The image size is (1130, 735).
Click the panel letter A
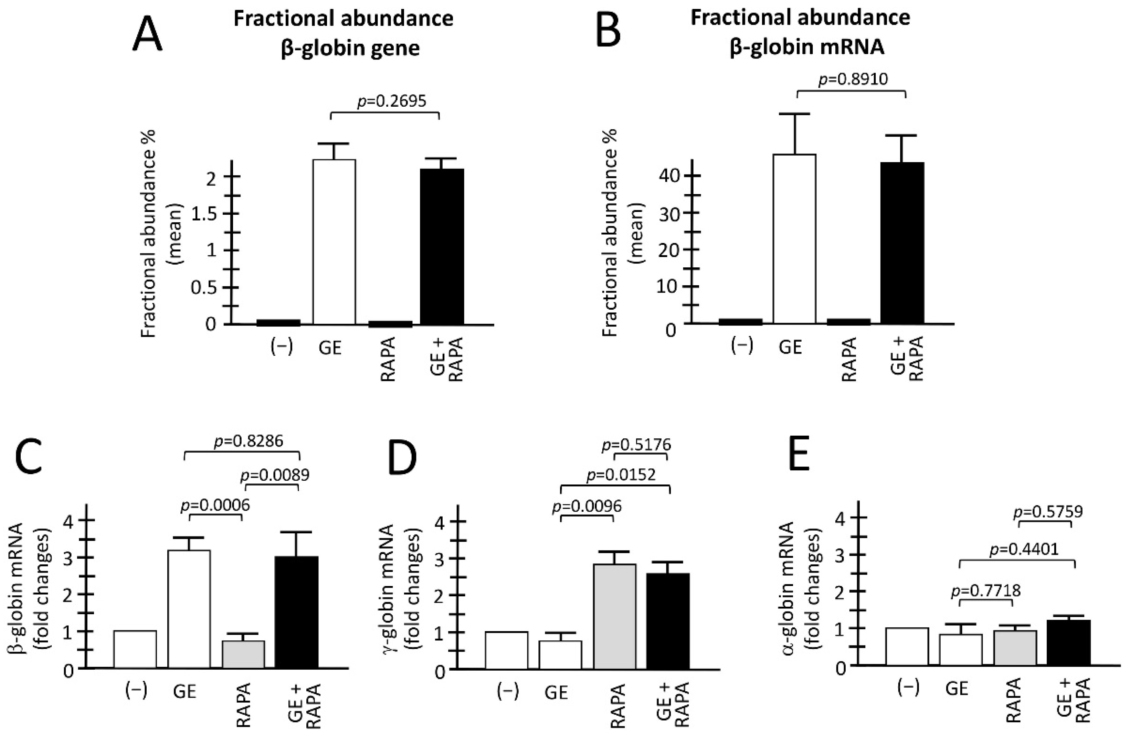pos(147,36)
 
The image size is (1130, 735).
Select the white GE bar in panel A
pos(334,242)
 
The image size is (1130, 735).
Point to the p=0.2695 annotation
pos(392,101)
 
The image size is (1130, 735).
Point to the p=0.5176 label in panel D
pos(636,445)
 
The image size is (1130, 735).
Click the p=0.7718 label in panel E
pos(986,591)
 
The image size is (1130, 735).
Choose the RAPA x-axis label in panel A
pos(388,360)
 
